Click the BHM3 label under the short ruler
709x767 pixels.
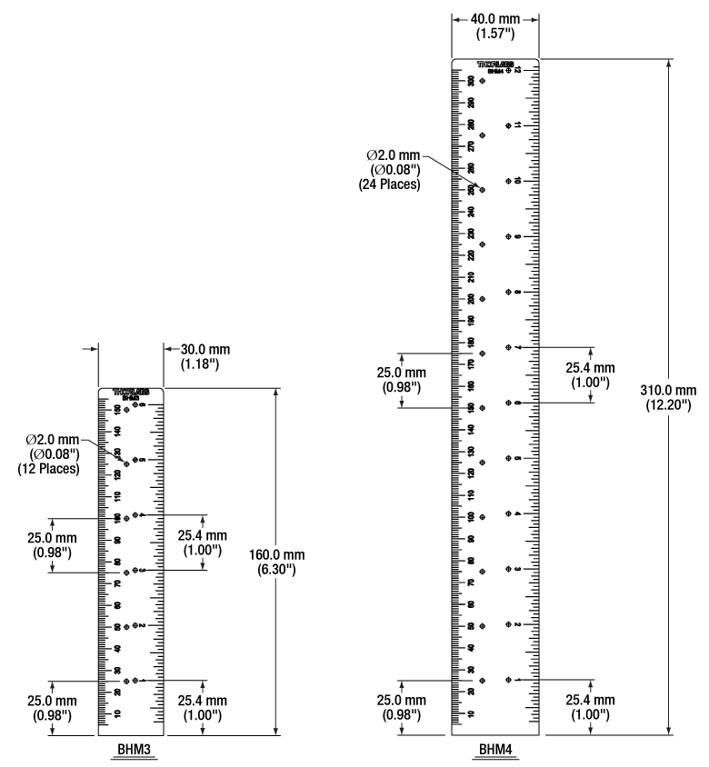(130, 751)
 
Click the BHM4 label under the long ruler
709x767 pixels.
(495, 751)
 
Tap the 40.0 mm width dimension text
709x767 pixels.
(495, 19)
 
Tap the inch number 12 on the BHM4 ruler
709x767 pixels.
(516, 70)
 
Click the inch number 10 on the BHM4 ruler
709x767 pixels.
(516, 181)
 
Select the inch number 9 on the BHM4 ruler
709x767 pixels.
(516, 237)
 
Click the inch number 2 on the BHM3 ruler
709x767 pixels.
(144, 625)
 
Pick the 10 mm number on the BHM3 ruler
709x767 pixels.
(117, 713)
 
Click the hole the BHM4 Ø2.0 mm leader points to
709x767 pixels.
(482, 190)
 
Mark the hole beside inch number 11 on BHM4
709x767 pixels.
(507, 125)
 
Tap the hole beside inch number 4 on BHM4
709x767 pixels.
(507, 514)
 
